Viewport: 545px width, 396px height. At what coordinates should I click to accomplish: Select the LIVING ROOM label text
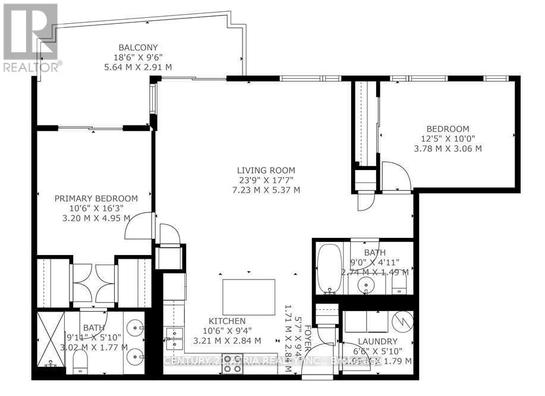(x=266, y=170)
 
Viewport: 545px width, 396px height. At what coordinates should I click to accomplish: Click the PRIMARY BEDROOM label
(x=96, y=199)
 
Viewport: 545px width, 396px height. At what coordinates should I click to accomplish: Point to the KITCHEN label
(x=227, y=321)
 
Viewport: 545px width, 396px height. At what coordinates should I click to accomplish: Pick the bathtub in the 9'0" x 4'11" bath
(x=327, y=269)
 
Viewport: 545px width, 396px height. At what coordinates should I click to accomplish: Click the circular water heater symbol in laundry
(x=400, y=323)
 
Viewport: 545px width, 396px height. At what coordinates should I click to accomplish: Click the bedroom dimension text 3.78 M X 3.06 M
(x=448, y=148)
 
